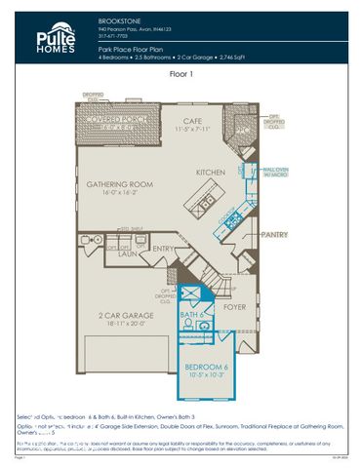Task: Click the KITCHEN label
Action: pos(211,172)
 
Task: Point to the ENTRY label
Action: pos(164,249)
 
